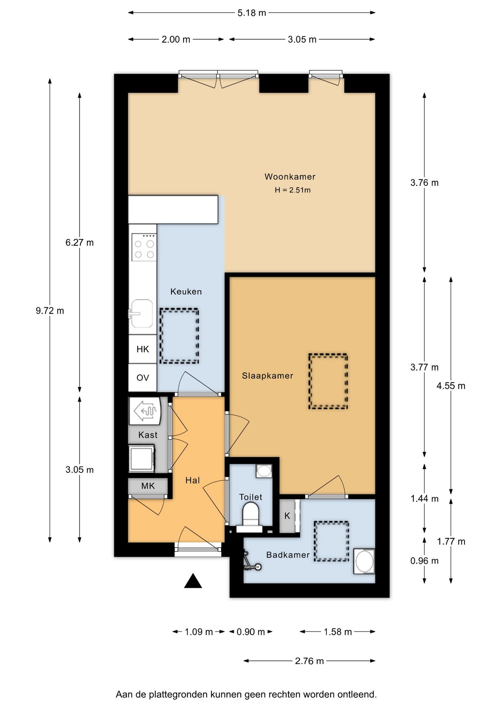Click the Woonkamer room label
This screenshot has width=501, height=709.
(x=290, y=177)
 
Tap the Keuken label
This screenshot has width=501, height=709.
(x=186, y=292)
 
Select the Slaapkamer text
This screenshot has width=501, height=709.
(x=267, y=376)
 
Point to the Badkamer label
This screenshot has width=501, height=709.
(x=288, y=555)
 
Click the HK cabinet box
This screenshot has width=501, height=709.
(x=142, y=349)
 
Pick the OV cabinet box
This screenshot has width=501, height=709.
(x=142, y=378)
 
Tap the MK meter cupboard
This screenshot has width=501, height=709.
(x=148, y=486)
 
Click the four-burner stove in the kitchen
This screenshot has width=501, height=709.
(x=144, y=247)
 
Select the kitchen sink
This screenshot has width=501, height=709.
(x=142, y=314)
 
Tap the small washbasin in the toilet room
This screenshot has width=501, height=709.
(x=264, y=471)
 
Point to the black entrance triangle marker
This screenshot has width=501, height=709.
(x=193, y=581)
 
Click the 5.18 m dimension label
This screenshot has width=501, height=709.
(x=252, y=13)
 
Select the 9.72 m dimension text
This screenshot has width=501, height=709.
(x=50, y=311)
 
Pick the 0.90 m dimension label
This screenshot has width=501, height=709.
(x=251, y=632)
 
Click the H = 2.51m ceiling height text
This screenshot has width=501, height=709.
(x=293, y=190)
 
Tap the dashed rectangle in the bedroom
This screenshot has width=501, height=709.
(x=328, y=381)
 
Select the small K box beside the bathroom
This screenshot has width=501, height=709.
(x=287, y=516)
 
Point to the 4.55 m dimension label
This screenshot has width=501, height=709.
(x=451, y=386)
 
